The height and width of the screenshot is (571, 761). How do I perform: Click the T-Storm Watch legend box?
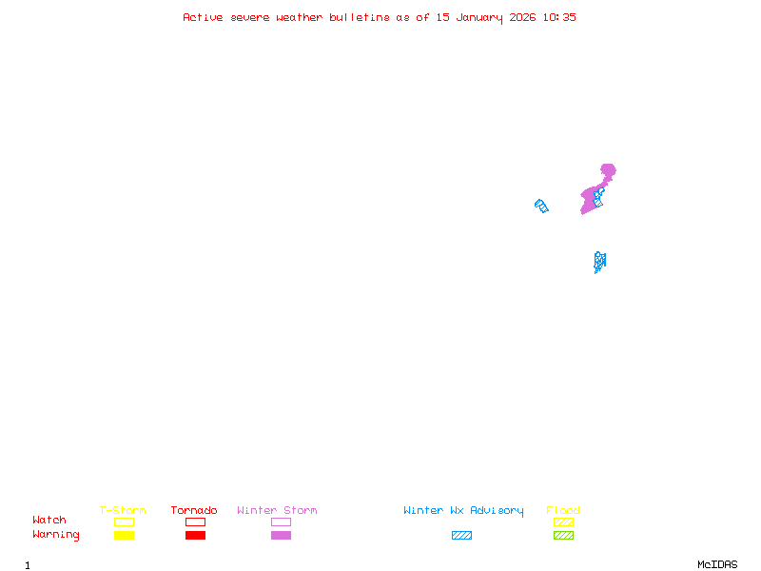[x=124, y=522]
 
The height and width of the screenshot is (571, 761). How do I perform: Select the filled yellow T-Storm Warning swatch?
[x=124, y=535]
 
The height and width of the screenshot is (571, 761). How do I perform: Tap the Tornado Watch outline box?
[x=195, y=522]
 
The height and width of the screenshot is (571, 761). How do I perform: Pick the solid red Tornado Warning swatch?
[x=195, y=535]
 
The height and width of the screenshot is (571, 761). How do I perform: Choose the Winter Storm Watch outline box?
[x=281, y=522]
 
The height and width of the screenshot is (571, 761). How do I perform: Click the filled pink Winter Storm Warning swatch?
[x=281, y=535]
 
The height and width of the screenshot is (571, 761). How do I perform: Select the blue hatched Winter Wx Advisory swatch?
[x=461, y=535]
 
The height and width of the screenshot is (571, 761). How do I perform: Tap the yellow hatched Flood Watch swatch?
[x=563, y=522]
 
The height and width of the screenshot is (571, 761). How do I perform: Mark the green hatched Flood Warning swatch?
[x=563, y=535]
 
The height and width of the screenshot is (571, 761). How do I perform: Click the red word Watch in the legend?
[x=49, y=521]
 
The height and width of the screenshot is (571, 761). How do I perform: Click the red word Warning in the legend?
[x=56, y=535]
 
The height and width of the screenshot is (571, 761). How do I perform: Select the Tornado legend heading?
[x=194, y=511]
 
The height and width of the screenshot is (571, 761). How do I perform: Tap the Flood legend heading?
[x=563, y=511]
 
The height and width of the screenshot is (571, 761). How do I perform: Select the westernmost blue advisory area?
[x=541, y=206]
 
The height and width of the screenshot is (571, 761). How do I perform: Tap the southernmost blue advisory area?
[x=599, y=261]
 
